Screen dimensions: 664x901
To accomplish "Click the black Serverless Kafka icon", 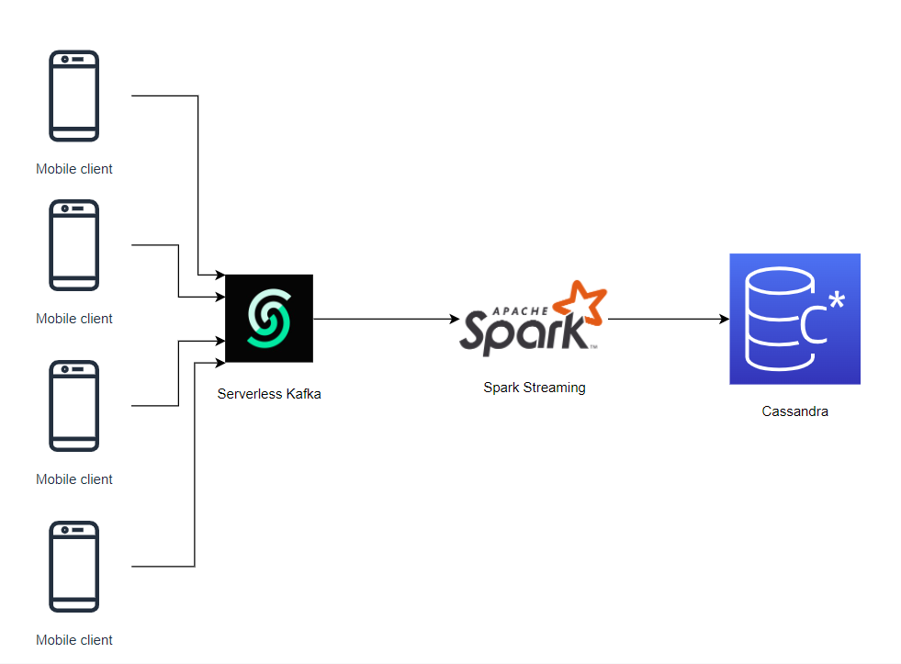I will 269,318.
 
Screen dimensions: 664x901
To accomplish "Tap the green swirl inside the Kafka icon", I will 269,318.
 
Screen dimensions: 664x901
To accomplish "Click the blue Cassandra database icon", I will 794,319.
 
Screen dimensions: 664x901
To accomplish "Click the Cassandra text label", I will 794,411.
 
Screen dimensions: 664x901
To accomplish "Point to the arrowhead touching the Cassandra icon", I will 724,319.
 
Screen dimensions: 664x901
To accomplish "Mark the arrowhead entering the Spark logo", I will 454,319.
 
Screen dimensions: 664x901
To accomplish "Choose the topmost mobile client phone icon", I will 73,96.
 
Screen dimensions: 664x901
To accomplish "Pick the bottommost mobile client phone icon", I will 73,567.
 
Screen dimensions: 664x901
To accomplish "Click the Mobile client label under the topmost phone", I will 74,169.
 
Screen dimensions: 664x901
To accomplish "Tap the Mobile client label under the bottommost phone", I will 74,640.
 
